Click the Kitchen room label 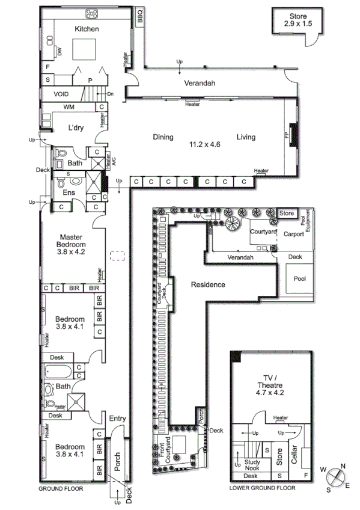87,29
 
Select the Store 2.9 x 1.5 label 297,20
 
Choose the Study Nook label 251,465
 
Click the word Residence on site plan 209,284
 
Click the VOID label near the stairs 61,94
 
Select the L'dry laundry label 76,128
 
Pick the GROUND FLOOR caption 61,489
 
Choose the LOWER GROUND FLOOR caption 263,489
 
